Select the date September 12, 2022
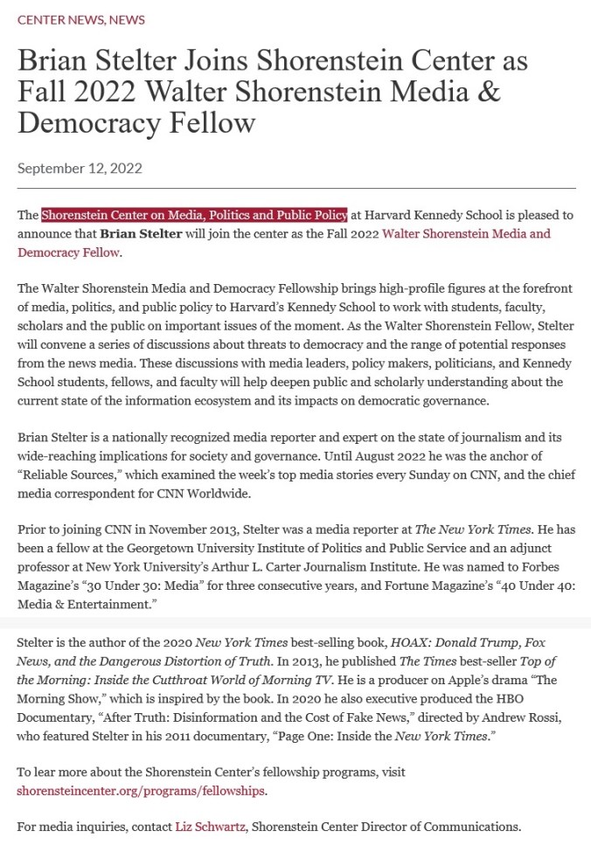point(80,169)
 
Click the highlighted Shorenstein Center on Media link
point(194,214)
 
